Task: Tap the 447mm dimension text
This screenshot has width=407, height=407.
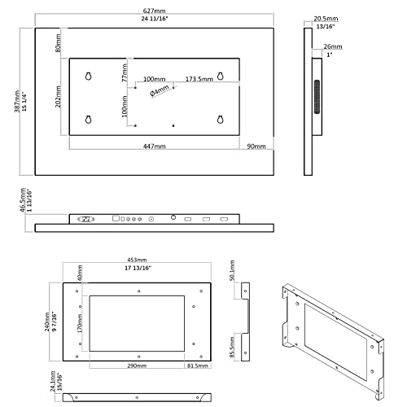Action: click(x=155, y=147)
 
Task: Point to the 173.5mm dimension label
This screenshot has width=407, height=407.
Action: click(x=199, y=80)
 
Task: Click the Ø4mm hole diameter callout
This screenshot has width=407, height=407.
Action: click(x=161, y=92)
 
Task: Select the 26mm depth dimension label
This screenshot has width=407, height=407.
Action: click(x=332, y=46)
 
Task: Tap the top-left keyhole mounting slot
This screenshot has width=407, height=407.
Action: click(x=88, y=77)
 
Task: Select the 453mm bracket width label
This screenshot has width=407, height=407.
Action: click(x=137, y=263)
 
